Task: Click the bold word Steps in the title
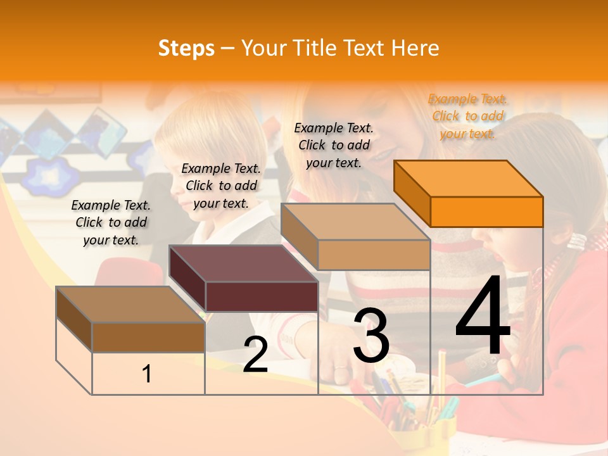pyautogui.click(x=186, y=48)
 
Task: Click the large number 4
pyautogui.click(x=483, y=317)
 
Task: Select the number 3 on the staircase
pyautogui.click(x=371, y=336)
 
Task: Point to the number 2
pyautogui.click(x=255, y=355)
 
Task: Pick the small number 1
pyautogui.click(x=147, y=374)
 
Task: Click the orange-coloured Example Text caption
pyautogui.click(x=468, y=116)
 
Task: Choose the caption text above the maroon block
pyautogui.click(x=221, y=186)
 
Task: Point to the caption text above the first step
pyautogui.click(x=111, y=222)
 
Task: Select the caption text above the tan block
pyautogui.click(x=334, y=145)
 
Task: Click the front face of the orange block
pyautogui.click(x=486, y=212)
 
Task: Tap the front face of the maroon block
pyautogui.click(x=262, y=296)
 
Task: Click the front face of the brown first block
pyautogui.click(x=148, y=337)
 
